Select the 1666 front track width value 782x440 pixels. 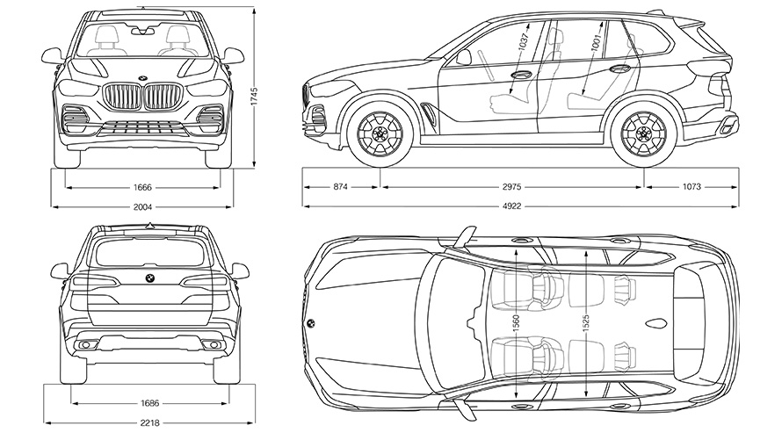click(x=143, y=187)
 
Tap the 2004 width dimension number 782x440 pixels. click(x=143, y=207)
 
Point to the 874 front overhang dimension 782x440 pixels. click(x=341, y=187)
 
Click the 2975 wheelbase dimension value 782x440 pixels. click(x=513, y=187)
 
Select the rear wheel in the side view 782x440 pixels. click(x=644, y=134)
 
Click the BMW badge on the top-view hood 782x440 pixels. click(x=310, y=323)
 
